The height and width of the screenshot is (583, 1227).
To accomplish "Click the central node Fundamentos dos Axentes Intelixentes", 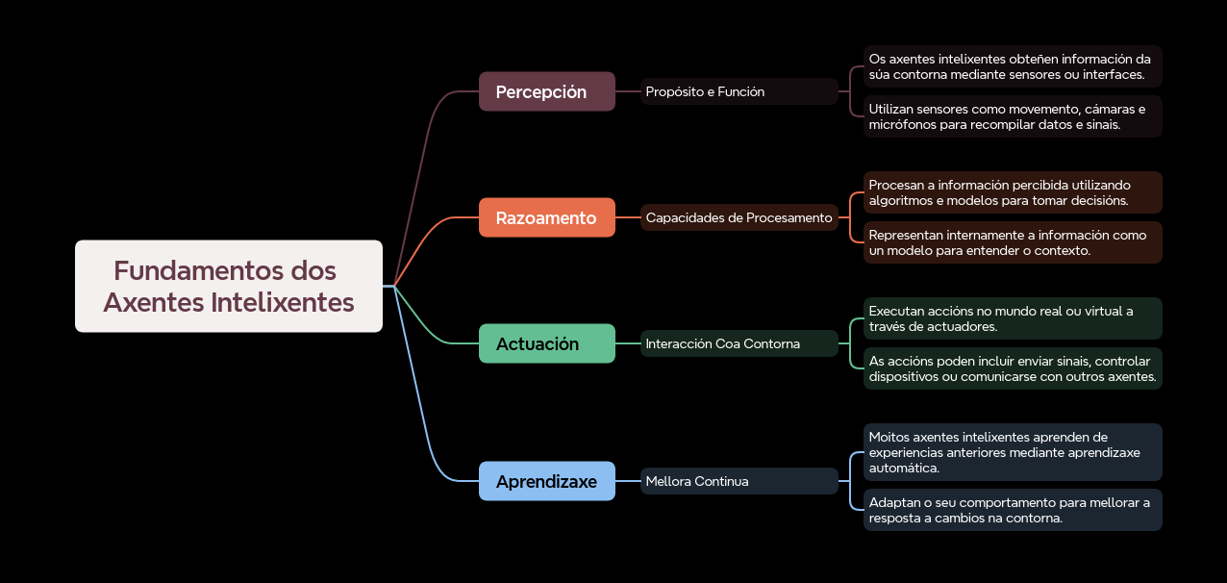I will pyautogui.click(x=229, y=286).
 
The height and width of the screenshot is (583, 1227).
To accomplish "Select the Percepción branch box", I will pyautogui.click(x=546, y=91).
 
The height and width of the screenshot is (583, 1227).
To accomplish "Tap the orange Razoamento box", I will pyautogui.click(x=546, y=217).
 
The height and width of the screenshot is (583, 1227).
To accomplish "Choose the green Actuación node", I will pyautogui.click(x=546, y=343).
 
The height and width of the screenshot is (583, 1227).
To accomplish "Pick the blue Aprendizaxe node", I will pyautogui.click(x=546, y=481).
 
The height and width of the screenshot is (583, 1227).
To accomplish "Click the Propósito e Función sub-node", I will pyautogui.click(x=739, y=91).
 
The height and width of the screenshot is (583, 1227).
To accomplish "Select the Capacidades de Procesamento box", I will pyautogui.click(x=739, y=217).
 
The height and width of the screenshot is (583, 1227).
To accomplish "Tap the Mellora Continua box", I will pyautogui.click(x=739, y=481).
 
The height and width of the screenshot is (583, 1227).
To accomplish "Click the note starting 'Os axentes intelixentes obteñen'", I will pyautogui.click(x=1012, y=66).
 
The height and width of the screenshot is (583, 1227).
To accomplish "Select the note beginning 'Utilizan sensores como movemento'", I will pyautogui.click(x=1012, y=116).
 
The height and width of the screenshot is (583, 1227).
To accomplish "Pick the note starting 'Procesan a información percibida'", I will pyautogui.click(x=1012, y=192).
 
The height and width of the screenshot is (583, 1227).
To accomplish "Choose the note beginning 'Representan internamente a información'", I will pyautogui.click(x=1012, y=242).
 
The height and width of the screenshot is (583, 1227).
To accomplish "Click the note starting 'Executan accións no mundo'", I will pyautogui.click(x=1012, y=318).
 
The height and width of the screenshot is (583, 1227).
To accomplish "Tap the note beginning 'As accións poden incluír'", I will pyautogui.click(x=1012, y=368).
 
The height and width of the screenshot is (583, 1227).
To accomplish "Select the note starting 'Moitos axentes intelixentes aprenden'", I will pyautogui.click(x=1012, y=452).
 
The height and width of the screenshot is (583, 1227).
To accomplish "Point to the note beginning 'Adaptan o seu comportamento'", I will pyautogui.click(x=1012, y=510).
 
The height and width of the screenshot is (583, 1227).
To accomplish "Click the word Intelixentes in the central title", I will pyautogui.click(x=282, y=302).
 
